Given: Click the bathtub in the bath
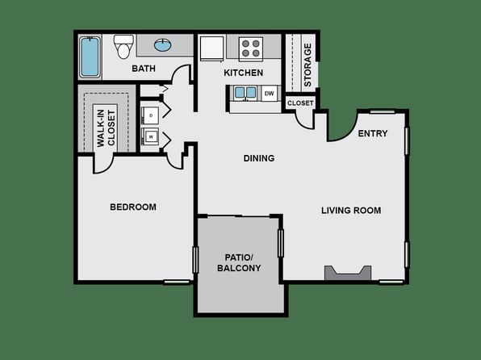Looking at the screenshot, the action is pos(90,57).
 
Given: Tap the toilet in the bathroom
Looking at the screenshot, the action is pos(123,47).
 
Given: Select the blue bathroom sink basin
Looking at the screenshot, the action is pos(163,45).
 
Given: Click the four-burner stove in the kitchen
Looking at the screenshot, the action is pos(251,48).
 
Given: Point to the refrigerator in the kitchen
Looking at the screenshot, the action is pos(211,48).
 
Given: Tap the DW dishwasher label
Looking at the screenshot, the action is pos(269,94).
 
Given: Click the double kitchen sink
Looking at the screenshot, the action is pos(245,93).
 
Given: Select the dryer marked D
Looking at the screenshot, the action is pos(150,115).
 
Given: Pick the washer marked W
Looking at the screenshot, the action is pos(150,136).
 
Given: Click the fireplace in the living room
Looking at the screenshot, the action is pos(348,273).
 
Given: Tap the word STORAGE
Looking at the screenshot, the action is pos(307,65).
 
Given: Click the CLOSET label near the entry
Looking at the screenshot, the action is pos(300,103).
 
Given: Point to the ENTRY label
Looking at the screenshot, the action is pos(373,133).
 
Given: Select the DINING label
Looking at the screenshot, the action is pos(259,158).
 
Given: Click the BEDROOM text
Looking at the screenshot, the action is pos(133,207).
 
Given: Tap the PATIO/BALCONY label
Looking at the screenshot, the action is pos(239,262).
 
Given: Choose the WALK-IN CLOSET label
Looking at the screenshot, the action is pos(107,128).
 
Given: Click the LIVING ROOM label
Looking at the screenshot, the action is pos(351,211).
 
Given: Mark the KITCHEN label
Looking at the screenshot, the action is pos(243,73).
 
